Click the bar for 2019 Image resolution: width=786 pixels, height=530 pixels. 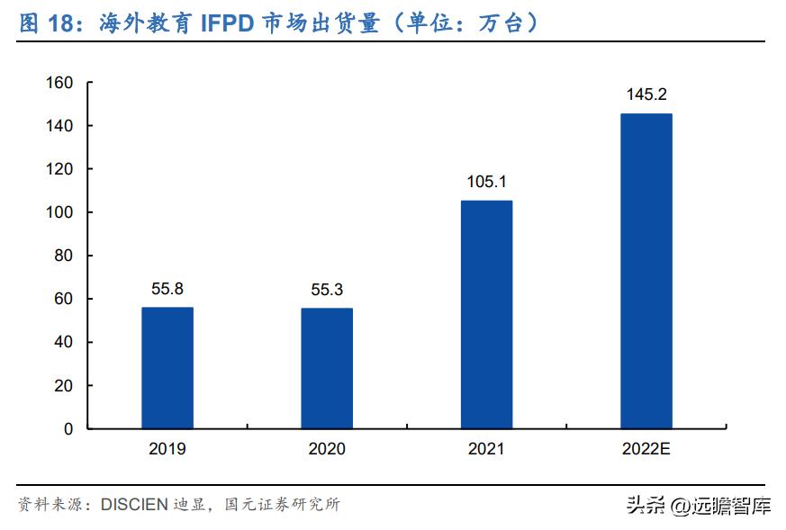point(167,368)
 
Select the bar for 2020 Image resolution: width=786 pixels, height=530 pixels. point(327,368)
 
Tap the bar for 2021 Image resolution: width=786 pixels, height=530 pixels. point(486,314)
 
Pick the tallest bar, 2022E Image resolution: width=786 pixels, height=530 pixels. point(646,271)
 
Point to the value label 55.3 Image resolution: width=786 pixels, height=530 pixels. point(327,291)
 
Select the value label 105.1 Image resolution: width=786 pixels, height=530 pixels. point(486,183)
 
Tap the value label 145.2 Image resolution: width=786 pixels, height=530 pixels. point(646,95)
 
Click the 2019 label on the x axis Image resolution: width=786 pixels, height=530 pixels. point(167,448)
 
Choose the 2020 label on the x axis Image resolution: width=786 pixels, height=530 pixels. point(327,448)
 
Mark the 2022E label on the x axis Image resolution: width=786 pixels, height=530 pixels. point(646,448)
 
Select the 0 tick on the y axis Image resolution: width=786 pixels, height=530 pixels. point(68,429)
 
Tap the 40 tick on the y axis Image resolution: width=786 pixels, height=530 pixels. point(62,342)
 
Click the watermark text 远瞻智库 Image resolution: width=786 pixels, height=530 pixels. point(731,506)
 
